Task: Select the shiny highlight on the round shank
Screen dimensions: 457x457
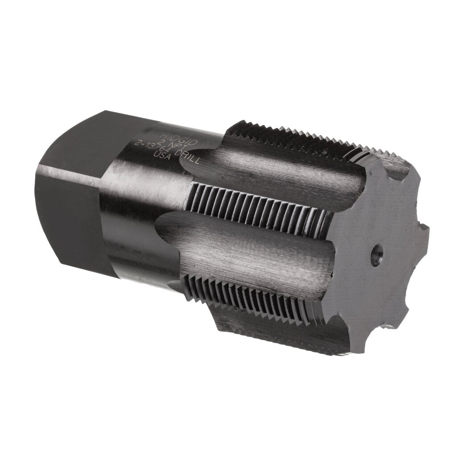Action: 125,187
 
